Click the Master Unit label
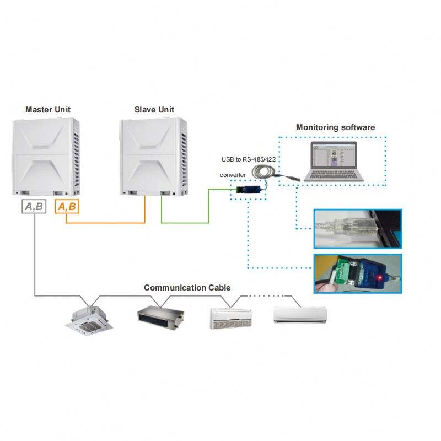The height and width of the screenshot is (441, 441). click(x=48, y=110)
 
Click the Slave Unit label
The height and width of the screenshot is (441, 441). click(x=154, y=110)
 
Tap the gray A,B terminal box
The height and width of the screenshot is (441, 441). click(x=34, y=206)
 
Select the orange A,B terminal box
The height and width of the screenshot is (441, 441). click(x=67, y=206)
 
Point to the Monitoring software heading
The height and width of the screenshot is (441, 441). click(x=335, y=127)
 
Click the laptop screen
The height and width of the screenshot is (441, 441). click(x=334, y=157)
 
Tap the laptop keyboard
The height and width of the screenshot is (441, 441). click(x=334, y=175)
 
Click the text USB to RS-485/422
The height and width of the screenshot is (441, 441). click(x=249, y=159)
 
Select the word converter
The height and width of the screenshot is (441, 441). click(x=233, y=175)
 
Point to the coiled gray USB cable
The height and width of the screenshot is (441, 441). click(x=263, y=171)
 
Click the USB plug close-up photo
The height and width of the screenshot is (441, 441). click(x=357, y=229)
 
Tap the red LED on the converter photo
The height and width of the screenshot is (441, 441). click(x=380, y=278)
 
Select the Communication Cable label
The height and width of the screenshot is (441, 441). click(x=187, y=288)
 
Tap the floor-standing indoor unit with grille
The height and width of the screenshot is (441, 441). click(x=231, y=318)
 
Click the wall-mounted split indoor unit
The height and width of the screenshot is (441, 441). click(x=300, y=315)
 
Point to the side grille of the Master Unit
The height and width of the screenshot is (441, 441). click(x=77, y=160)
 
